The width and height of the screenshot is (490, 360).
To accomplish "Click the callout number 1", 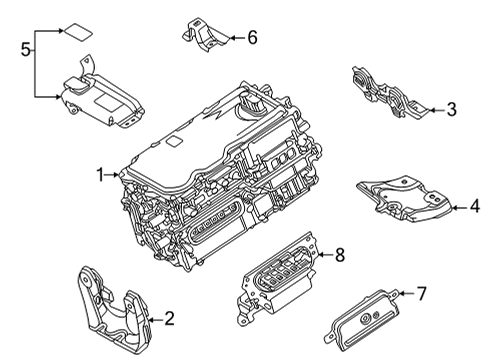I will [x=101, y=174].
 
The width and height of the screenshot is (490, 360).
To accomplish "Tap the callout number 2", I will [x=168, y=319].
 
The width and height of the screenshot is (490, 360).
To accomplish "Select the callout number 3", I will [x=451, y=110].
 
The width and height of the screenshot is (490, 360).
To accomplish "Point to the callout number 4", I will [x=475, y=207].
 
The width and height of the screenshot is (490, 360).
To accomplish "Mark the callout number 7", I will [x=420, y=293].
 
